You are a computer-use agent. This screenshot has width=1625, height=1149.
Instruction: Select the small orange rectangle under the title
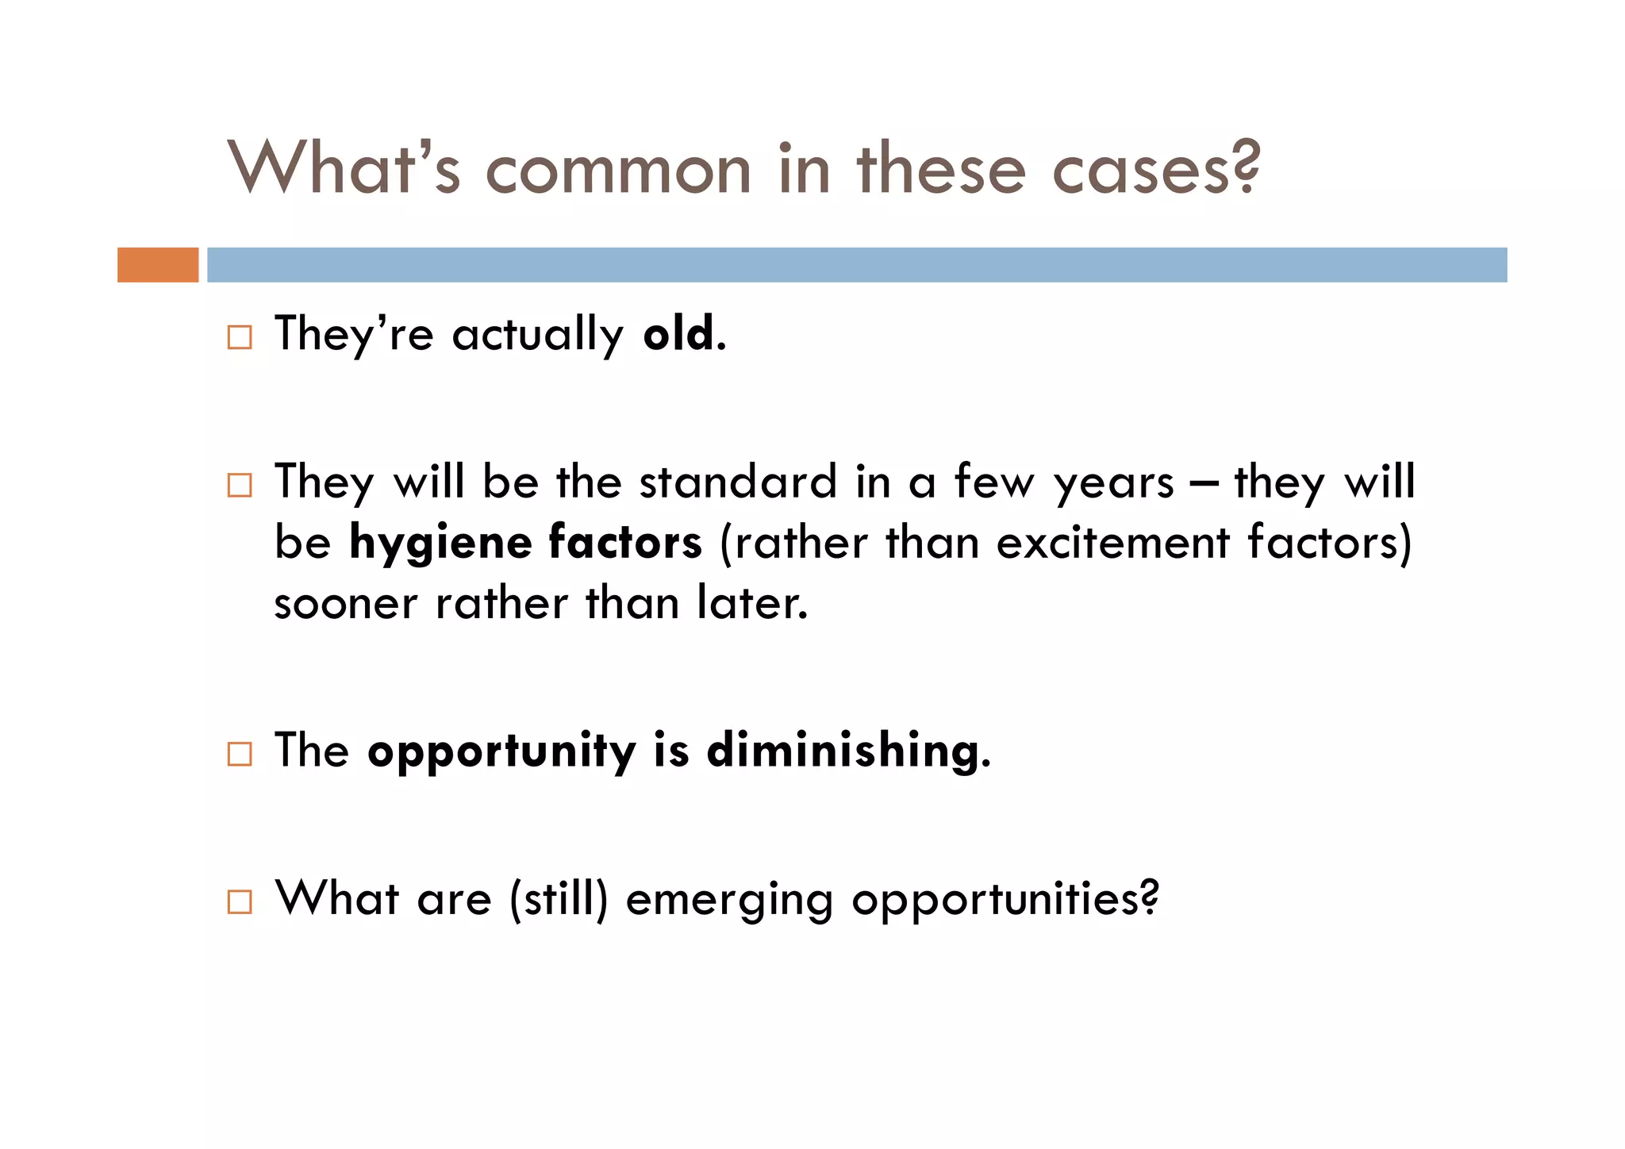(x=158, y=265)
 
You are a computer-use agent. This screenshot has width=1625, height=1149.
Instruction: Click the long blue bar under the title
(x=857, y=265)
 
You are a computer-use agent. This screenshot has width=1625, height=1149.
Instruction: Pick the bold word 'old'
(x=678, y=334)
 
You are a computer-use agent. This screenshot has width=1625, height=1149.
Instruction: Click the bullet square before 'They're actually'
(x=240, y=338)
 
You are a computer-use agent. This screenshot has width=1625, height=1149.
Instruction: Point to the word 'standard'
(x=738, y=482)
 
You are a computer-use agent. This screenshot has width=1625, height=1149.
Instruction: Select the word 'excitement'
(x=1112, y=544)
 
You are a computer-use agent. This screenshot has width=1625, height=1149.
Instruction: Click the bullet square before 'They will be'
(x=240, y=485)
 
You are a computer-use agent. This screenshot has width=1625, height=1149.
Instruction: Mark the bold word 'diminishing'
(x=843, y=751)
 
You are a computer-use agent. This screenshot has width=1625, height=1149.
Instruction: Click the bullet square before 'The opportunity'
(x=240, y=754)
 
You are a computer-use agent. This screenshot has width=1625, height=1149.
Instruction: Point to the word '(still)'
(x=559, y=899)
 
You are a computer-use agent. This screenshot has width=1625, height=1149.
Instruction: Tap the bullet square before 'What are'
(x=240, y=902)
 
